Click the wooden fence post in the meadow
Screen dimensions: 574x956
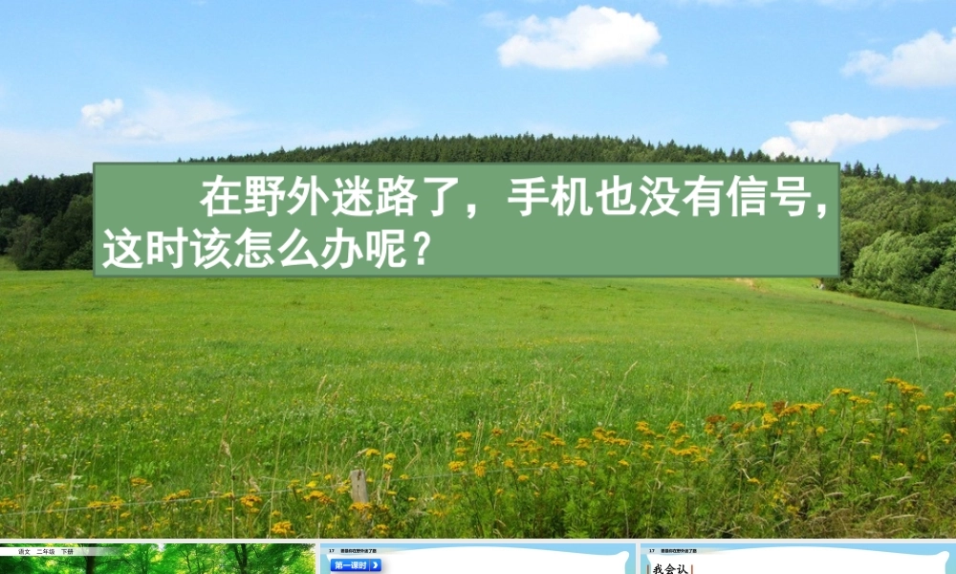[x=358, y=486]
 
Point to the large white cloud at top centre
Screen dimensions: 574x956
[x=579, y=39]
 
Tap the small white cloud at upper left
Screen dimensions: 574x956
[x=100, y=112]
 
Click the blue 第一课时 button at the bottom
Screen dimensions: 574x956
[x=356, y=565]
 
